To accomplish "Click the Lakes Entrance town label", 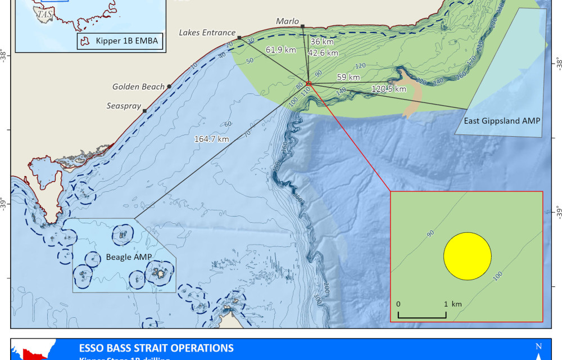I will click(x=207, y=33).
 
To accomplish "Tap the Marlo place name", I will click(x=288, y=21).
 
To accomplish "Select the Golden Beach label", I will click(x=138, y=87).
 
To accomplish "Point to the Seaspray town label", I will click(x=123, y=106).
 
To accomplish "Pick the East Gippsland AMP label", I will click(x=498, y=121).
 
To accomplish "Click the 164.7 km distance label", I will click(x=211, y=139).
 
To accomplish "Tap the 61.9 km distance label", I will click(x=281, y=49).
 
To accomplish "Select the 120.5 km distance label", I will click(x=389, y=89).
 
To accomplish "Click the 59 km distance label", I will click(x=348, y=77).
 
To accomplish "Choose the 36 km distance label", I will click(x=322, y=41).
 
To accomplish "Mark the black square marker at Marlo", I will click(x=302, y=26).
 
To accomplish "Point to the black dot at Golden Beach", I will click(x=169, y=86).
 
